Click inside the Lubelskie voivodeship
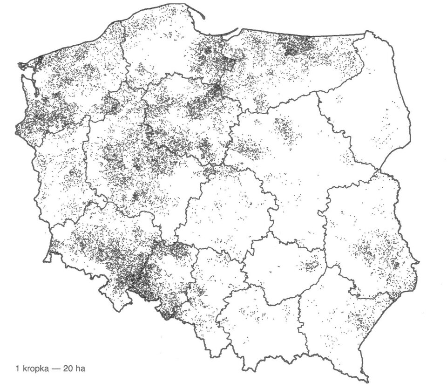(x=363, y=233)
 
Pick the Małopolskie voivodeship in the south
(x=261, y=326)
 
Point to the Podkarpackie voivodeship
(x=340, y=321)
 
